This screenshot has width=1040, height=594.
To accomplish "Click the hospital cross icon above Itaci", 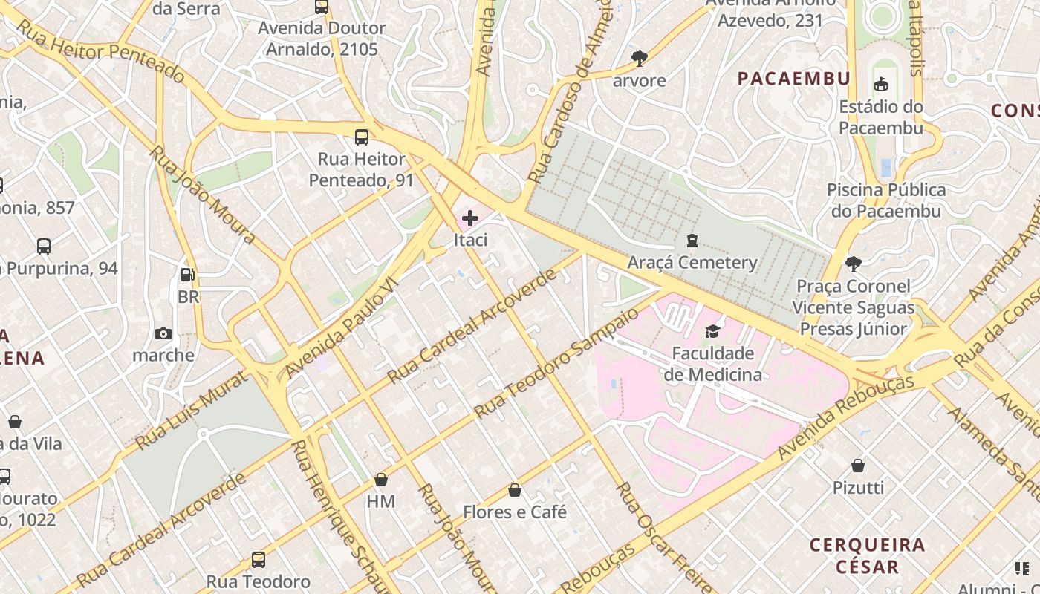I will coord(470,218).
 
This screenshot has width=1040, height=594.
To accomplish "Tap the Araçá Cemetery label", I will coord(692,262).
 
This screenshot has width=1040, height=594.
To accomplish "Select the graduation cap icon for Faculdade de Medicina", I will coord(713,331).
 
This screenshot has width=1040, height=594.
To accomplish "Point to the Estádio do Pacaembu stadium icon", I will coord(881,85).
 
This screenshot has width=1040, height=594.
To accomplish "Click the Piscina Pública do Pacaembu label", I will coord(886,200).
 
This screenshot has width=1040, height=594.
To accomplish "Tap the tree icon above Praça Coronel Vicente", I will coord(854,264).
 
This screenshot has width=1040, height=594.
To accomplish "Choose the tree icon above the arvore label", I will coord(639,58).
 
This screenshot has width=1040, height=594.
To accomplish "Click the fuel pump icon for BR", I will coord(188,275).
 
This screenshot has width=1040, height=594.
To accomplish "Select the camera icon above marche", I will coord(163,334).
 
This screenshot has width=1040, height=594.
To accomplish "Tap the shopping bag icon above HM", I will coord(381,480).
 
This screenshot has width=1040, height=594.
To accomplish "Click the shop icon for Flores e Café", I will coord(515,491).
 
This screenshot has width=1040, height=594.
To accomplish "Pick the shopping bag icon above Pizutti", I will coord(858,466).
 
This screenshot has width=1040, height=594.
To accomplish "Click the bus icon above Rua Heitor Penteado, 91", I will coord(362,137).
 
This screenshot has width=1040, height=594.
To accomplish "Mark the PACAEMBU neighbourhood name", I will coord(793,79).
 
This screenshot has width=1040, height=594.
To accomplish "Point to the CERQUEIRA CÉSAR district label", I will coord(867,555).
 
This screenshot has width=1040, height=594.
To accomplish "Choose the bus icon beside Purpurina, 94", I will coord(44,247).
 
